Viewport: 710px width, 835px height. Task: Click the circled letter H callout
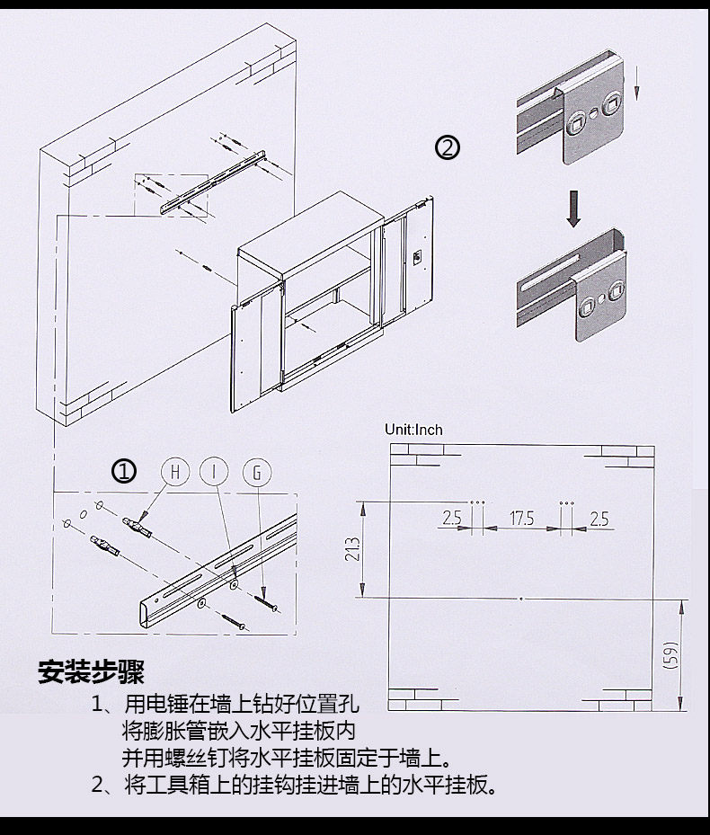pyautogui.click(x=176, y=472)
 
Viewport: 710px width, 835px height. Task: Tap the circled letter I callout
pyautogui.click(x=216, y=472)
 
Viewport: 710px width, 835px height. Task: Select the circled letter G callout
pyautogui.click(x=257, y=472)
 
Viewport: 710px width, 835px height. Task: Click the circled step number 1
pyautogui.click(x=124, y=471)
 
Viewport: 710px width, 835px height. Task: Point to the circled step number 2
pyautogui.click(x=447, y=147)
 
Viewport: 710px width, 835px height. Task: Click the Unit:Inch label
pyautogui.click(x=413, y=430)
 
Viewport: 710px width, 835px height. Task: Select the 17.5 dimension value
pyautogui.click(x=522, y=519)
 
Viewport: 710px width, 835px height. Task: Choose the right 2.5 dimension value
pyautogui.click(x=599, y=519)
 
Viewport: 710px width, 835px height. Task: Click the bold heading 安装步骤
pyautogui.click(x=91, y=671)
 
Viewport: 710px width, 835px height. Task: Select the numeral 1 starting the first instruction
pyautogui.click(x=99, y=703)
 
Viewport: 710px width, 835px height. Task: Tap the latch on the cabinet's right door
pyautogui.click(x=416, y=257)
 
